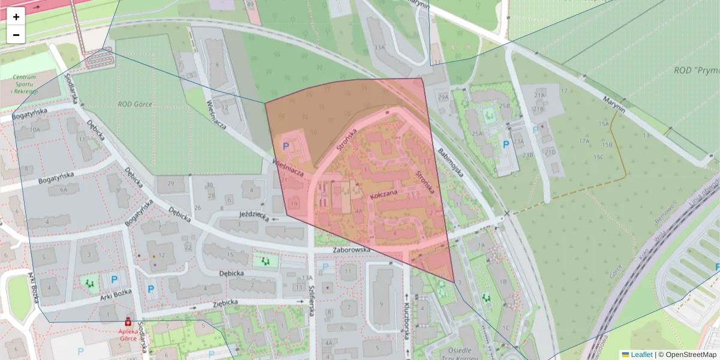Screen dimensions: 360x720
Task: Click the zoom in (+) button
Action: coord(16,17)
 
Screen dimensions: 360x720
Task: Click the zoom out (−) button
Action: coord(16,35)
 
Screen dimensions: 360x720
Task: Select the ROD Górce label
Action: coord(136,104)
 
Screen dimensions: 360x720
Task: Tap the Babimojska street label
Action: coord(451,162)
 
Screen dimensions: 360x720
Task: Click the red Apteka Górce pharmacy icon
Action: coord(127,322)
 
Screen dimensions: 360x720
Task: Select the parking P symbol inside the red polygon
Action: coord(286,145)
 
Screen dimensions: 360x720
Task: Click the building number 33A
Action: coord(379,47)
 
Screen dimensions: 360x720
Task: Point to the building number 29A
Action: coord(443,97)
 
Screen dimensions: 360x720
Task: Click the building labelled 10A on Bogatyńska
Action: coord(35,129)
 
